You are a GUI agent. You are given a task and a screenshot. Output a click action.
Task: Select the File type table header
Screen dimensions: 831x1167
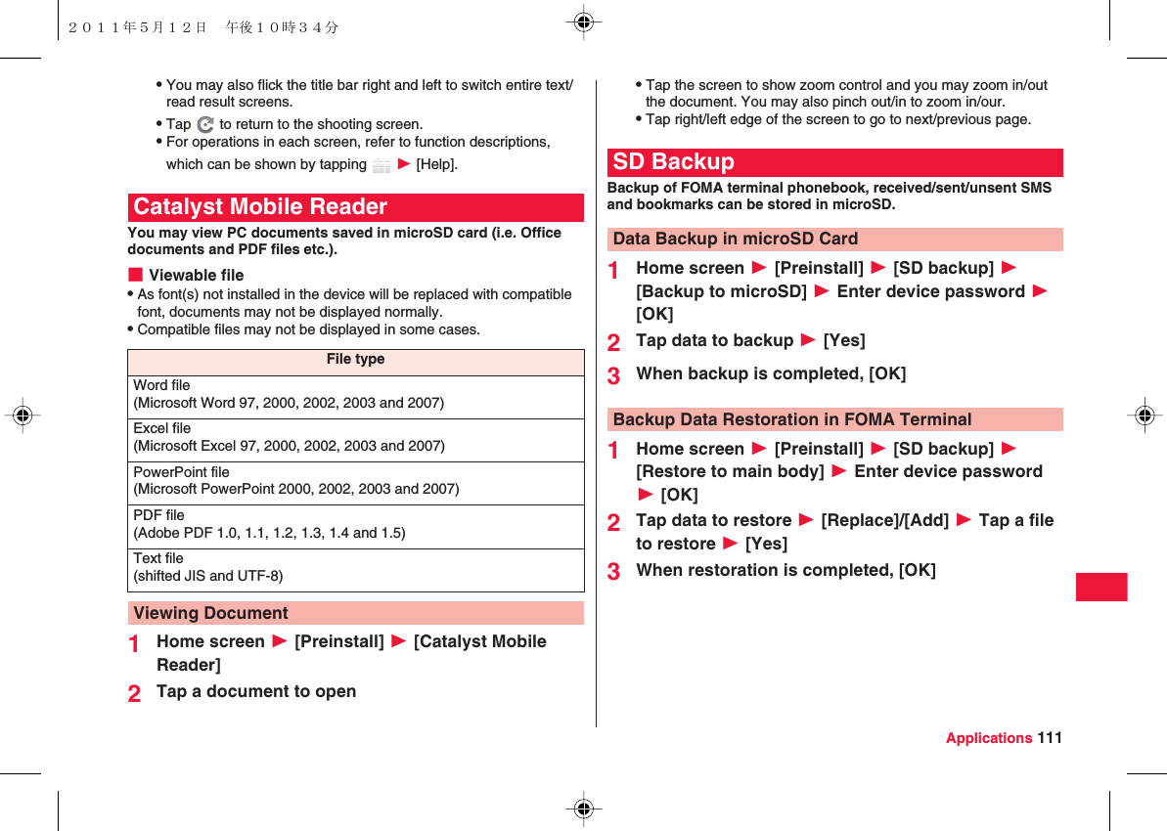355,360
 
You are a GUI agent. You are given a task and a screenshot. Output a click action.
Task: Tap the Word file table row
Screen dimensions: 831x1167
355,395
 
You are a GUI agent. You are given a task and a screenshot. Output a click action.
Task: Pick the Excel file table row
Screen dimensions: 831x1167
355,438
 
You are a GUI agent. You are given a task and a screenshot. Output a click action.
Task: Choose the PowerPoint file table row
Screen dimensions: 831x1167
355,481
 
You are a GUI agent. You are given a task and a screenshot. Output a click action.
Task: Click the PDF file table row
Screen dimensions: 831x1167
355,525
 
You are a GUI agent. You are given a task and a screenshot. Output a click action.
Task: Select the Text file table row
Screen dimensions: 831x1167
355,568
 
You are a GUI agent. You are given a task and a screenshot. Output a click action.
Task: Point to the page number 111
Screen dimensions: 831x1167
1050,738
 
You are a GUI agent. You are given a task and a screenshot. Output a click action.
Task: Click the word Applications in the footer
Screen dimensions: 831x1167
988,738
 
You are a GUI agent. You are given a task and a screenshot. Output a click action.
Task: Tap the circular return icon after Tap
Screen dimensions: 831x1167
205,125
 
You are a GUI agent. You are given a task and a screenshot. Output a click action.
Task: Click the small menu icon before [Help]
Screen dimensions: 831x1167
382,165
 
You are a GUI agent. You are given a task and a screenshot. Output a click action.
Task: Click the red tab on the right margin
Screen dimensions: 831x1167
1101,587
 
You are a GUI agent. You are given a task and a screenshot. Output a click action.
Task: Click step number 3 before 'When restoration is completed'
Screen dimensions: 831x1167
613,572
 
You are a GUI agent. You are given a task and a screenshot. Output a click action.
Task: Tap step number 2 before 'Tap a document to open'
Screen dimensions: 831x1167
134,693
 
